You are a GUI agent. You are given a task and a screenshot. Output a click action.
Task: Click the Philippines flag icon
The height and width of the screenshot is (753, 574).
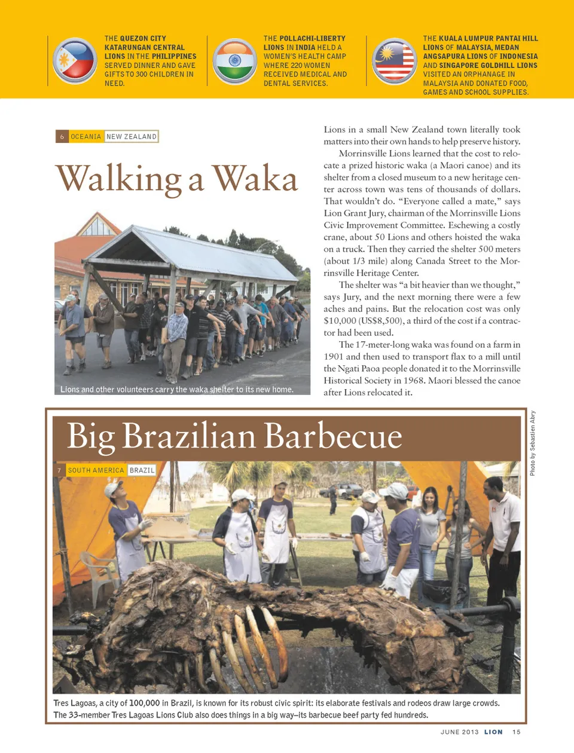click(x=74, y=60)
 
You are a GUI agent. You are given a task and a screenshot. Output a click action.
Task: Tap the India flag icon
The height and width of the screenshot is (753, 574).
click(x=234, y=60)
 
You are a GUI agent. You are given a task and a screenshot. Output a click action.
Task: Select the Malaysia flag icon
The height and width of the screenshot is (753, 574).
click(x=393, y=60)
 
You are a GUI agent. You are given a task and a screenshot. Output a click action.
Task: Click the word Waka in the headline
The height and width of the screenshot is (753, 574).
click(x=255, y=179)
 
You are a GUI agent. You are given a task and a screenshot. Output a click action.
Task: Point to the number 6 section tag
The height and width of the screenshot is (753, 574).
click(x=62, y=137)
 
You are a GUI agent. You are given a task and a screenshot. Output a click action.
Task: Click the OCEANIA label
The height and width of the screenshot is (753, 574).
click(x=86, y=137)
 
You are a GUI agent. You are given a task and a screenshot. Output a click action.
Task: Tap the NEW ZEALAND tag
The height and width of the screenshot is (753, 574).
click(x=132, y=137)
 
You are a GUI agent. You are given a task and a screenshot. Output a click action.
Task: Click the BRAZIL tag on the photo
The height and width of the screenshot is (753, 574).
click(x=142, y=470)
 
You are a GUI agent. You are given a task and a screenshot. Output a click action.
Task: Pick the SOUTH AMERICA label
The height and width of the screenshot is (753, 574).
click(x=96, y=470)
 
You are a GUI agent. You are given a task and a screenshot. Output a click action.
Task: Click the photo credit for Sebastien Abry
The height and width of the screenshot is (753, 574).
click(x=532, y=443)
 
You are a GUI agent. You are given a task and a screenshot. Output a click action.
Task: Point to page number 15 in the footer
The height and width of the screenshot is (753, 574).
click(x=516, y=732)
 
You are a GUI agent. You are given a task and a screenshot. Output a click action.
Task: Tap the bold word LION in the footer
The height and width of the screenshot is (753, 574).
click(x=493, y=732)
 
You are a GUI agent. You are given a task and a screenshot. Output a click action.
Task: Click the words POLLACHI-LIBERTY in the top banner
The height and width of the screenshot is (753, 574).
click(x=313, y=38)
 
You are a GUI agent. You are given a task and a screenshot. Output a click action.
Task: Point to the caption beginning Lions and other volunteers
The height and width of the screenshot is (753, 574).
click(x=177, y=390)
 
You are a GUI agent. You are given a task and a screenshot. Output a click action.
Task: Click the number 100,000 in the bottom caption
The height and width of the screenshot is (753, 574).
click(x=144, y=703)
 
